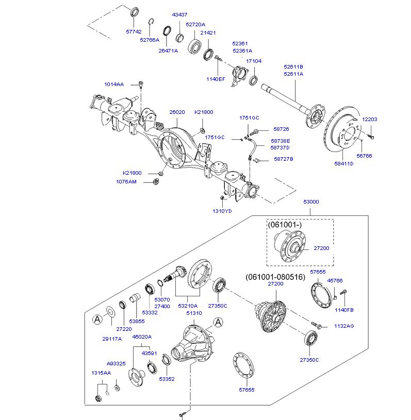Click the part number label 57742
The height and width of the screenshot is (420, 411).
(x=134, y=31)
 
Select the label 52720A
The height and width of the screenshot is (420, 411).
(x=195, y=25)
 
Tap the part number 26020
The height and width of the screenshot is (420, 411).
(x=177, y=112)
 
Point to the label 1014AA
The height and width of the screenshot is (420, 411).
(x=114, y=85)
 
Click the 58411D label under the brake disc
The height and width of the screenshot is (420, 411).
(x=344, y=164)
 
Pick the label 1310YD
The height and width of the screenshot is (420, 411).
(x=222, y=211)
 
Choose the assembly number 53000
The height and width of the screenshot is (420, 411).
(x=311, y=201)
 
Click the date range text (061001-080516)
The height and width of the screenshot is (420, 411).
(x=275, y=277)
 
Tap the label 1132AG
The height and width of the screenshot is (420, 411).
(x=344, y=326)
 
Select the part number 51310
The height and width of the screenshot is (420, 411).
(x=194, y=313)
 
